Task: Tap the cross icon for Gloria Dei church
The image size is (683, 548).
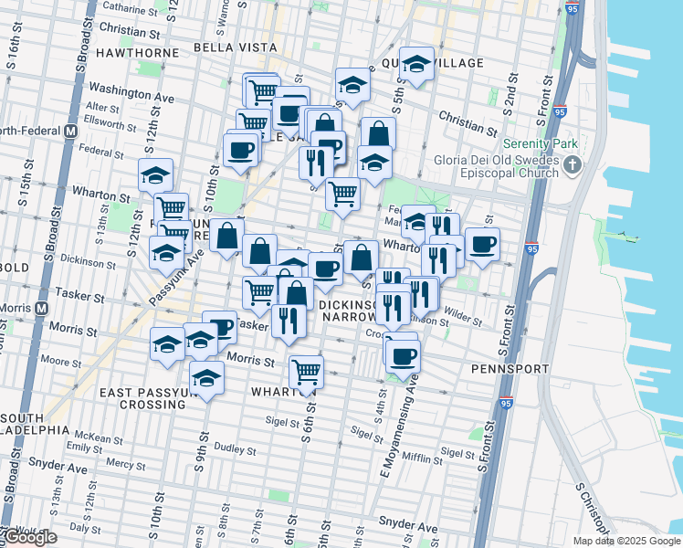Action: click(573, 165)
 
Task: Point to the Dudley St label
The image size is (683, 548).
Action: click(235, 448)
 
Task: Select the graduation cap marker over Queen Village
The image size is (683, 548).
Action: click(416, 64)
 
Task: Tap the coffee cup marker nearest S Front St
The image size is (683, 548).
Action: click(482, 244)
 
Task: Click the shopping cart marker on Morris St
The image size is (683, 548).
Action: click(306, 371)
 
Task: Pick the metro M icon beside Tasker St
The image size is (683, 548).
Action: click(41, 309)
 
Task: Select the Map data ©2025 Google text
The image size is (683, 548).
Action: click(625, 541)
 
